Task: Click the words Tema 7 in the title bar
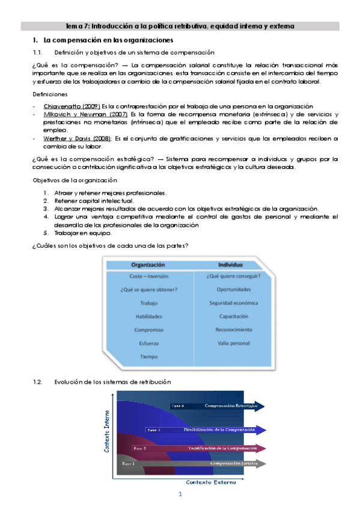78,26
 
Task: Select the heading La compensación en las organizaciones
104,40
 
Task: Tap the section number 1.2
38,381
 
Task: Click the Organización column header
148,265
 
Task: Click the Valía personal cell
233,343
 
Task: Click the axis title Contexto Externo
210,482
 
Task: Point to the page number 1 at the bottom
180,494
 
